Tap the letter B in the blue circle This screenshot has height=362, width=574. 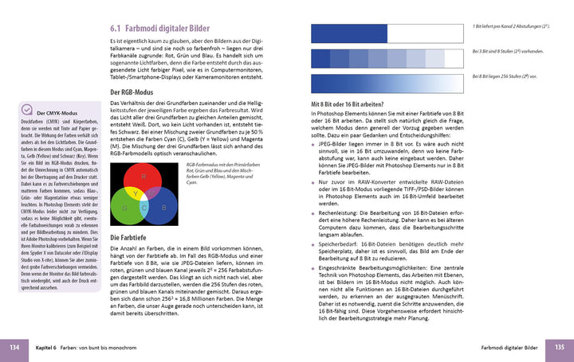163,207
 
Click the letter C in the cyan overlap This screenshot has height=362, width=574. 144,208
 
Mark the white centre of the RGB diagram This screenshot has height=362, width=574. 143,197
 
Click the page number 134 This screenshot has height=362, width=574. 14,347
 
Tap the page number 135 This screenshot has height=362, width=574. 560,347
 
